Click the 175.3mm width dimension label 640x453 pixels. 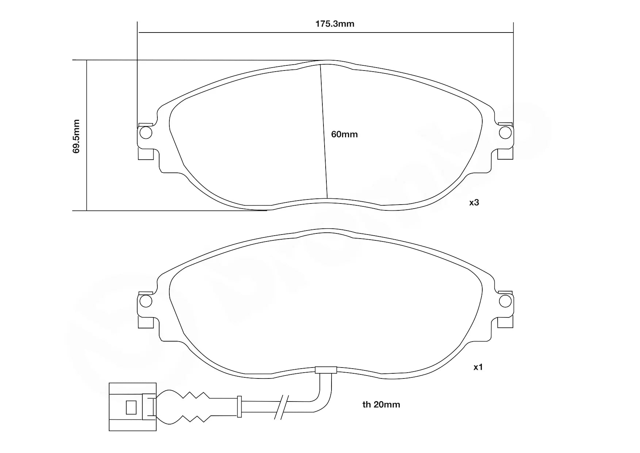pos(335,24)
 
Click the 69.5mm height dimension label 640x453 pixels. pos(76,136)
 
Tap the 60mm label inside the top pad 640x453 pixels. pos(344,134)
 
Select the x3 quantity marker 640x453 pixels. pos(474,202)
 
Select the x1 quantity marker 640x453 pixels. pos(478,367)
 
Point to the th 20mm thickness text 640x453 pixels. pos(381,404)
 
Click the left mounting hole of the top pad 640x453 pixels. pos(146,133)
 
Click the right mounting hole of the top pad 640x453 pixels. pos(505,133)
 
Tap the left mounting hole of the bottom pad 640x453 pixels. pos(146,301)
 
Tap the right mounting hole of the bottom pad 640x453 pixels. pos(505,301)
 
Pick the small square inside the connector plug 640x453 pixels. pos(131,407)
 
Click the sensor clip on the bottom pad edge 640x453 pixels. pos(326,370)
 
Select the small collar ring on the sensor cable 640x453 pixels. pos(239,406)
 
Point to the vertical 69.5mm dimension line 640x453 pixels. pos(87,164)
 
